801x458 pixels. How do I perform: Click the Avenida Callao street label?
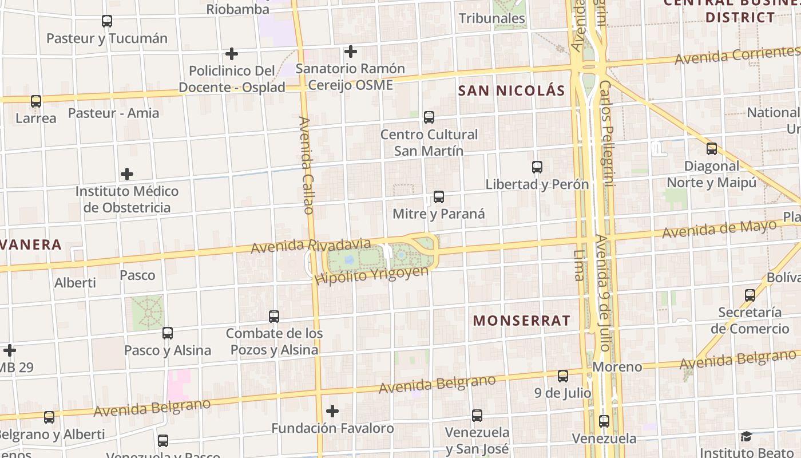pos(307,165)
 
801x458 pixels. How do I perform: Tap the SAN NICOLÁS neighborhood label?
pos(511,90)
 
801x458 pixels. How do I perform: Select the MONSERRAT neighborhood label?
pos(521,321)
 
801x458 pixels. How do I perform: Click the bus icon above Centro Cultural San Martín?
pos(429,117)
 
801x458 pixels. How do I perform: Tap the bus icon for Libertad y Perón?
pos(537,167)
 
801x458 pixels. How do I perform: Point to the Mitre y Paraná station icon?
pos(438,197)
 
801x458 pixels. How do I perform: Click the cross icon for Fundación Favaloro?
pos(332,411)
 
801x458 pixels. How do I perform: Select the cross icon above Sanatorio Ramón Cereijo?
pos(350,52)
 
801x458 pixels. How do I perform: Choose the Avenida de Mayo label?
pos(719,230)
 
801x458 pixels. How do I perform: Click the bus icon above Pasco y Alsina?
pos(167,333)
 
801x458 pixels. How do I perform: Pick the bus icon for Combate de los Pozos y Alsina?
pos(274,316)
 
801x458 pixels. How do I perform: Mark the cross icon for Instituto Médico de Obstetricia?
pos(127,174)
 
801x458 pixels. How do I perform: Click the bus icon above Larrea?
pos(36,101)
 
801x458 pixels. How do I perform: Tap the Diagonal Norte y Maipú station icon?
pos(711,149)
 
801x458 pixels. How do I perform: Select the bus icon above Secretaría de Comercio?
pos(750,295)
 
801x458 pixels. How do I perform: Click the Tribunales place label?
pos(491,18)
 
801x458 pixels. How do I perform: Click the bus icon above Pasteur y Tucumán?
pos(106,21)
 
